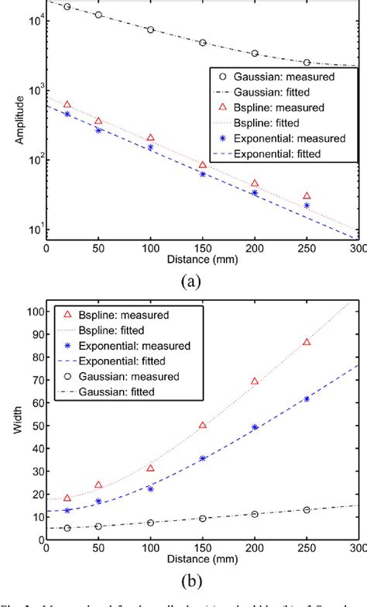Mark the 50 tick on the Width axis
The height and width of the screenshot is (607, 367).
point(34,425)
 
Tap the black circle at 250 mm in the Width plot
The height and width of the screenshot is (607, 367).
point(307,509)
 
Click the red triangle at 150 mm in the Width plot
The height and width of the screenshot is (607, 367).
point(203,425)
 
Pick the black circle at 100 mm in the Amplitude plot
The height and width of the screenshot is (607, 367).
point(150,29)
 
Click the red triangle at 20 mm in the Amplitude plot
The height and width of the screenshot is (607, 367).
point(67,105)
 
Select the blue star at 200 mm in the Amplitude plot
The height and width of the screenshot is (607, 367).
point(255,193)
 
